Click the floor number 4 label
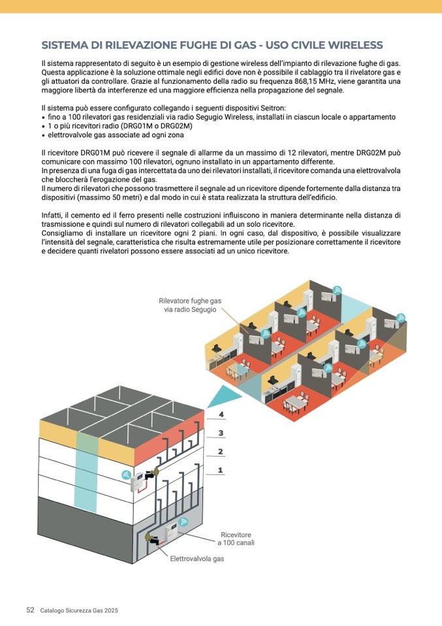(x=221, y=414)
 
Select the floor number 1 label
(x=221, y=469)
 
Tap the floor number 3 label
(x=221, y=433)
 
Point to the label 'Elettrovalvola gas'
(x=197, y=559)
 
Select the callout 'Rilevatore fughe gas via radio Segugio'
(x=190, y=305)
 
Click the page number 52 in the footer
(x=30, y=610)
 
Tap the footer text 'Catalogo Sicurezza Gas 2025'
(x=78, y=610)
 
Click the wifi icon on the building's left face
(x=125, y=474)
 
